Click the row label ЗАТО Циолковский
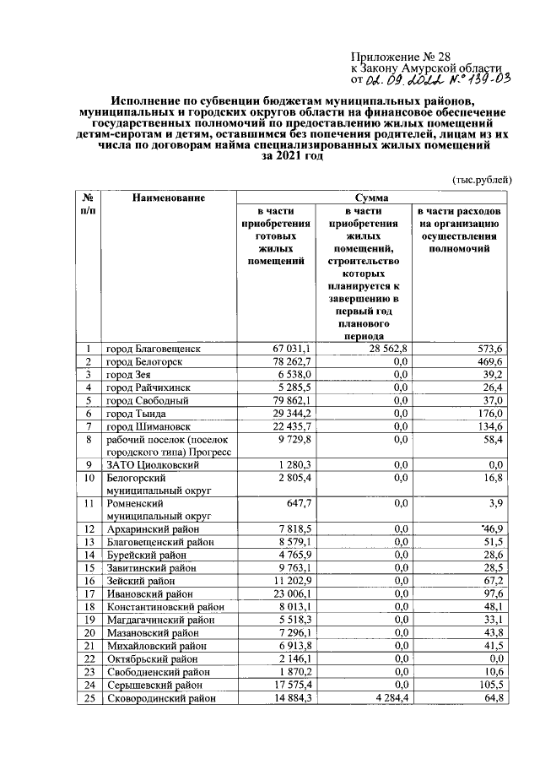148,464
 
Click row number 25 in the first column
88,697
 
